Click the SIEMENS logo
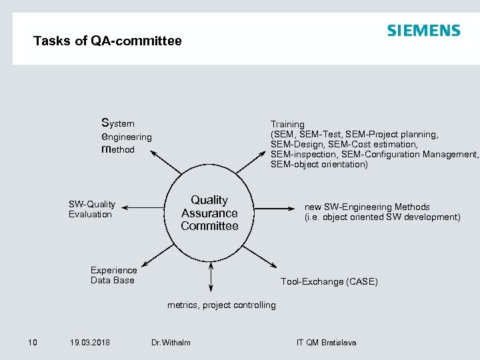click(x=423, y=31)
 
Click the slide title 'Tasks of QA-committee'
click(x=107, y=41)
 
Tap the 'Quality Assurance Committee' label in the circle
click(x=209, y=213)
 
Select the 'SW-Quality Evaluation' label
click(x=91, y=209)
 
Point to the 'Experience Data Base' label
click(x=113, y=275)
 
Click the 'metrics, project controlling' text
click(x=221, y=305)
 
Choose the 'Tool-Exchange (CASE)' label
click(x=329, y=281)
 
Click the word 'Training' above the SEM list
click(x=287, y=124)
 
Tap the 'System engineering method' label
click(x=126, y=136)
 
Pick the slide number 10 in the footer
click(x=32, y=343)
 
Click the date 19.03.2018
click(x=90, y=343)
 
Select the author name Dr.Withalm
click(x=171, y=343)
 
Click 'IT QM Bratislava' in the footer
click(x=326, y=343)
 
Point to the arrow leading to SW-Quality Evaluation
click(x=143, y=208)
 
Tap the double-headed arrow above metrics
click(x=211, y=276)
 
